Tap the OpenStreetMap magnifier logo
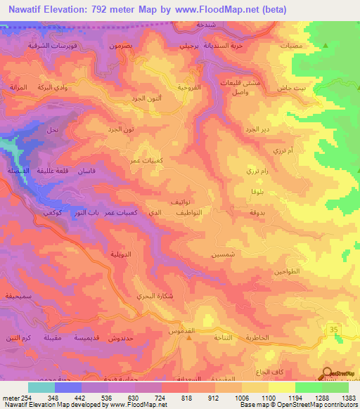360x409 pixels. point(328,374)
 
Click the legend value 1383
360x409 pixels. point(348,398)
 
